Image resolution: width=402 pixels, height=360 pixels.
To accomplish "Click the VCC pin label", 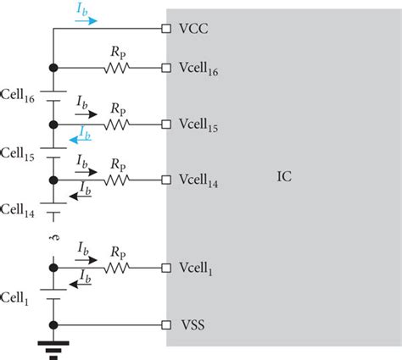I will coord(194,28).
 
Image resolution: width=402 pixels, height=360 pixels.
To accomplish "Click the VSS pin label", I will coord(193,324).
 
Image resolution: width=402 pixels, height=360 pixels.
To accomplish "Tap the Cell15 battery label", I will coord(19,153).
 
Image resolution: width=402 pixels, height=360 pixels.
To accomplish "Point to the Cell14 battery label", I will coord(19,209).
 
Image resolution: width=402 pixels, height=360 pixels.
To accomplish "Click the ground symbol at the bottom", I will coord(53,346).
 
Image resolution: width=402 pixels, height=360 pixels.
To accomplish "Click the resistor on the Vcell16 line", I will coord(116,67).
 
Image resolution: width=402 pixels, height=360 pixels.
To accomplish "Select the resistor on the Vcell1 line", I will coord(116,268).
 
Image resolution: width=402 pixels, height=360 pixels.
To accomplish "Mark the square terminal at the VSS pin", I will coord(166,324).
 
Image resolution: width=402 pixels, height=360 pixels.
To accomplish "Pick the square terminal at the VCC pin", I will coord(166,28).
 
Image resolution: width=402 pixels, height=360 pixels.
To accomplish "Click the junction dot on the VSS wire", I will coord(53,324).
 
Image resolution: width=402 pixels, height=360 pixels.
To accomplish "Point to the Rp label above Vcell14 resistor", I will coord(117,165).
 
